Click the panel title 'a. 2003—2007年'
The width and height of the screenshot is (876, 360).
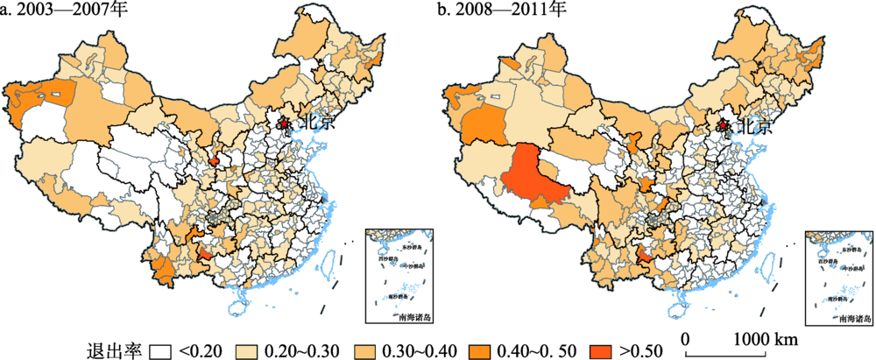tap(58, 11)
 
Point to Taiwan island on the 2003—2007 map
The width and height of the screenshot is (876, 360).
tap(332, 262)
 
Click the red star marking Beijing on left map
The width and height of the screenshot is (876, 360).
tap(284, 124)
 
